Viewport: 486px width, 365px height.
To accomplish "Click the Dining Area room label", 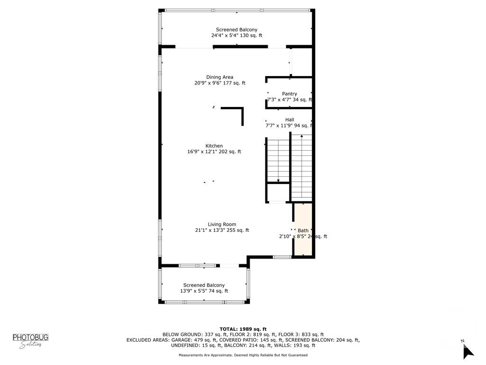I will pos(219,77).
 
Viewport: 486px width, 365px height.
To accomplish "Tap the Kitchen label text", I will pos(214,146).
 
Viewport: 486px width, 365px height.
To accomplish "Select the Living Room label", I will pos(222,224).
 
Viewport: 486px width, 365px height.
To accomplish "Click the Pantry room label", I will pos(289,94).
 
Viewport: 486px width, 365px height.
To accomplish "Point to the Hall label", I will pos(290,120).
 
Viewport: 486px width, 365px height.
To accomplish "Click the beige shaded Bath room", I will pos(303,231).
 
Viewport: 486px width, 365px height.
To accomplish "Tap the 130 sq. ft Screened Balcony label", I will pos(236,30).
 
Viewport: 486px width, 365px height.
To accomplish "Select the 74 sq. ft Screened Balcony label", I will pos(204,285).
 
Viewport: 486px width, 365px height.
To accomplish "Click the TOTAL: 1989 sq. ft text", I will pos(243,329).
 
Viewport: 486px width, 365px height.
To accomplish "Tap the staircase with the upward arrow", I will pos(301,166).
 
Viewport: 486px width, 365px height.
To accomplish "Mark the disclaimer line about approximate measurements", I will pos(243,355).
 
